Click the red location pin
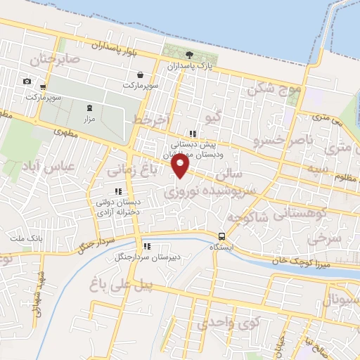(x=181, y=166)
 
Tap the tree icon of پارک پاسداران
(x=188, y=55)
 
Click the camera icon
(x=27, y=81)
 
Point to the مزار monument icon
(x=89, y=108)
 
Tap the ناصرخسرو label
(x=281, y=141)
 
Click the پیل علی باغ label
(x=122, y=284)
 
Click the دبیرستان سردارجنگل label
(x=148, y=257)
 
